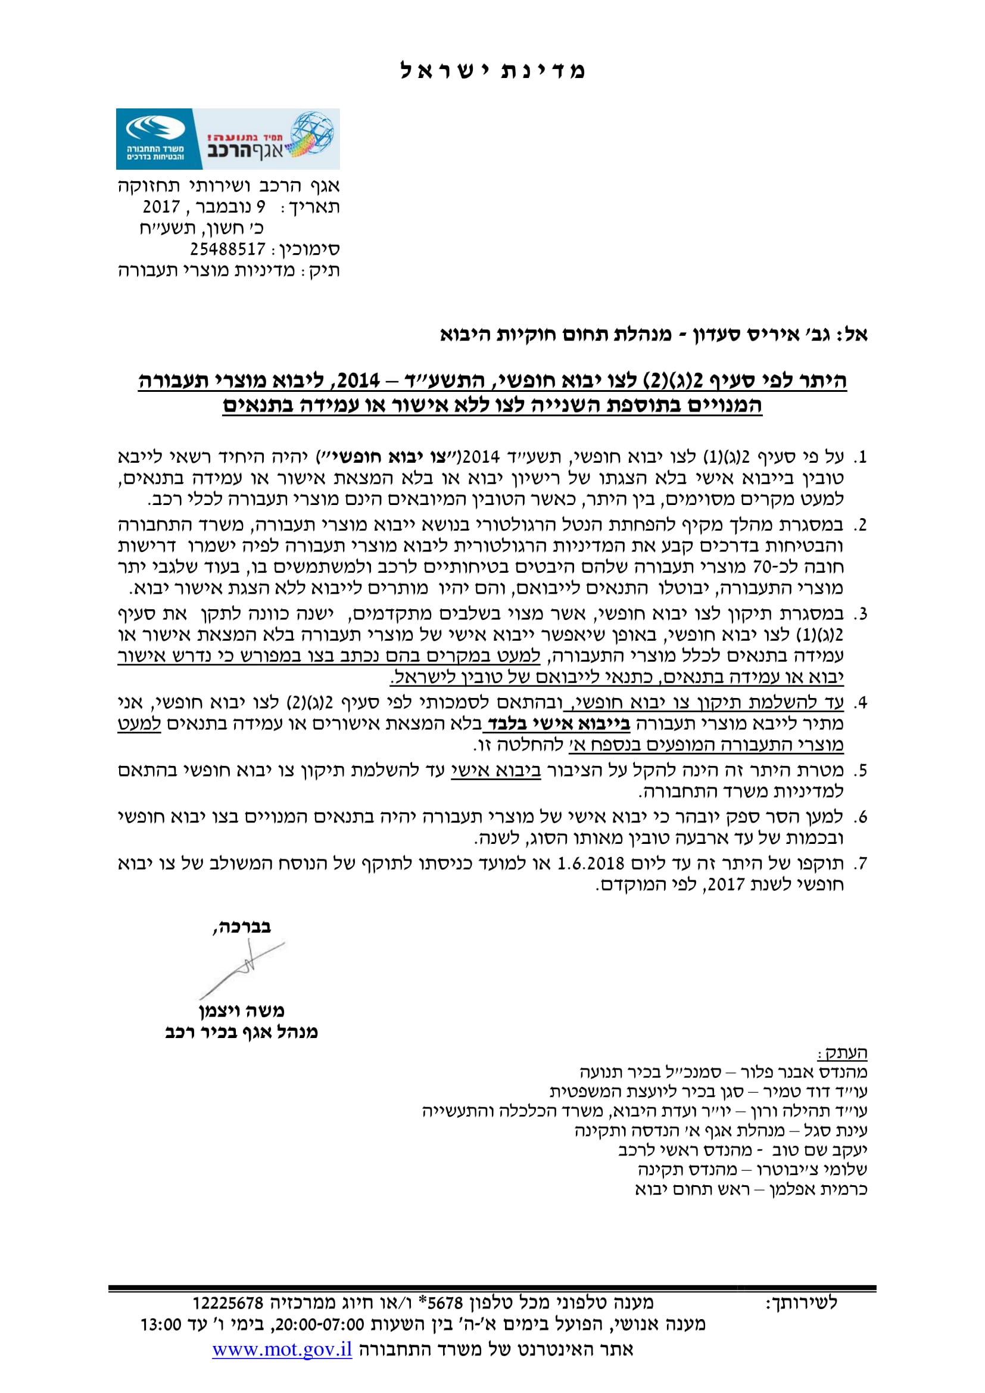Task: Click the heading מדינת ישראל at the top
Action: coord(492,71)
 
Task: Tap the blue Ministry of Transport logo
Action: coord(155,139)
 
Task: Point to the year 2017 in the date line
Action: coord(161,207)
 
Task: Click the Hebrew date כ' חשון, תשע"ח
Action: coord(201,229)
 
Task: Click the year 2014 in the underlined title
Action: coord(358,381)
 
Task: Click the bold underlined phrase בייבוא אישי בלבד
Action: coord(556,724)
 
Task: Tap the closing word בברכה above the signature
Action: coord(241,927)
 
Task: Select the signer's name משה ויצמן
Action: coord(241,1011)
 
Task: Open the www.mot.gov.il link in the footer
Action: coord(282,1350)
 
